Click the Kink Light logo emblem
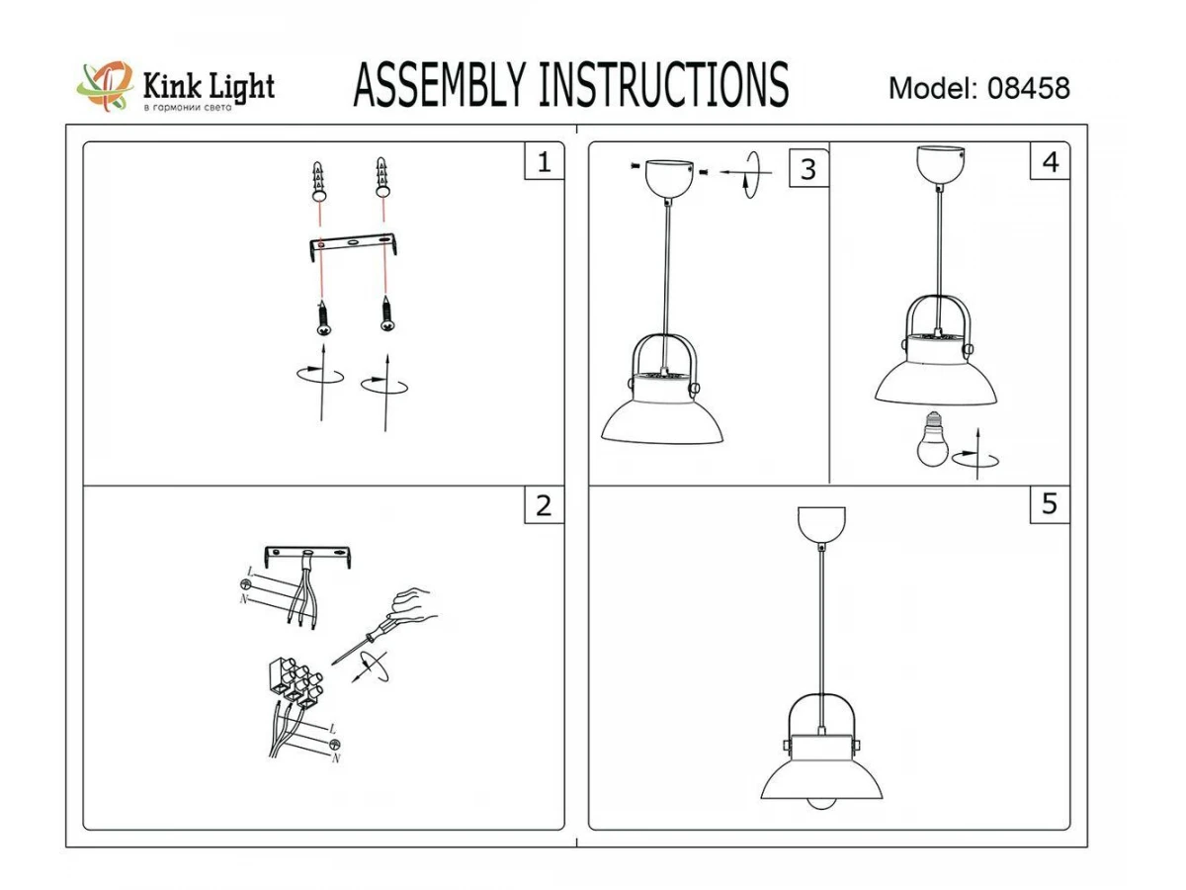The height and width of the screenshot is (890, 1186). [x=106, y=86]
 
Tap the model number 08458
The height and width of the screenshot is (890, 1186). [x=1028, y=88]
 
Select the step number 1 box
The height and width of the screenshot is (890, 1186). [x=545, y=161]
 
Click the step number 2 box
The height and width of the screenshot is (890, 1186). [x=545, y=505]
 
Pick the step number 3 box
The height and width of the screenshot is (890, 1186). [x=808, y=169]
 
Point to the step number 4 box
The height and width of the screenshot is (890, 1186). [x=1050, y=161]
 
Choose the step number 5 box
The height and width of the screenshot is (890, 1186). [x=1050, y=504]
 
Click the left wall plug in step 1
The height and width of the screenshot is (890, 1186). [x=319, y=181]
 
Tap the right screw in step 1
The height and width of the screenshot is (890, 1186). [x=386, y=312]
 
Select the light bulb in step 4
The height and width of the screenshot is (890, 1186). [x=932, y=439]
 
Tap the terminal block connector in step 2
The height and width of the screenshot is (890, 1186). [x=295, y=682]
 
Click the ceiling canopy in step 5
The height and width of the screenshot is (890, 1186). [x=821, y=524]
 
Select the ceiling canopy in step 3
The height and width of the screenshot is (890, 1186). [x=669, y=178]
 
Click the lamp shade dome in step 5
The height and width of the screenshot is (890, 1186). [x=821, y=778]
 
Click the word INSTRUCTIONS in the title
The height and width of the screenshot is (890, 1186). [x=664, y=85]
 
